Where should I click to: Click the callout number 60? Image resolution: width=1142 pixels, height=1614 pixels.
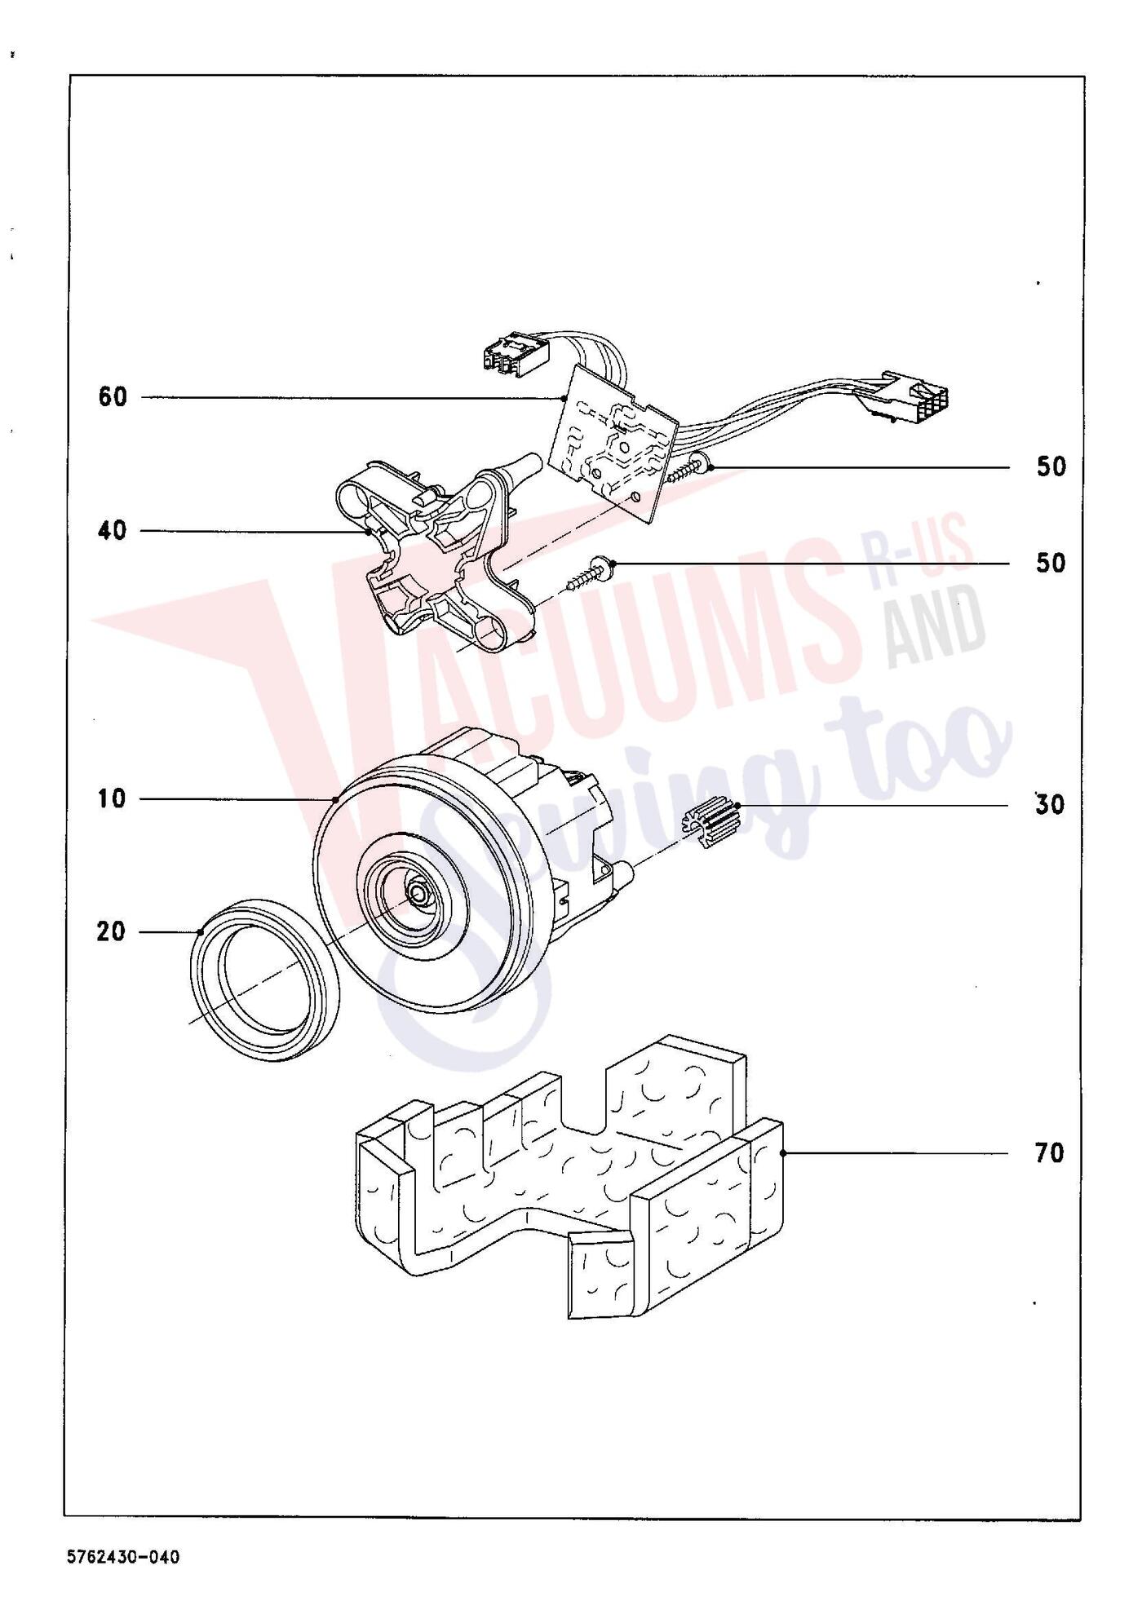coord(113,397)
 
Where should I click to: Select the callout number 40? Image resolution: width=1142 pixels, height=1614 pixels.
coord(113,531)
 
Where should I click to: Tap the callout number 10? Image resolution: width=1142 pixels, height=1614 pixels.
coord(113,798)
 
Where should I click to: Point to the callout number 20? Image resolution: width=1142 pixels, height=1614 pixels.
coord(112,931)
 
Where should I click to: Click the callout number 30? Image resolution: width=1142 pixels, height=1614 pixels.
coord(1050,805)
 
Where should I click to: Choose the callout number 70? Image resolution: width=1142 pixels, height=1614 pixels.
coord(1050,1153)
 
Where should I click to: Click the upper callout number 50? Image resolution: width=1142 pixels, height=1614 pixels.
coord(1051,467)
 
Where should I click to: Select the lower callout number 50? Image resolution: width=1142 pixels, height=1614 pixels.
coord(1051,563)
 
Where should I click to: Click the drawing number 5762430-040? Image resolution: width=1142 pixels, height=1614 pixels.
coord(123,1557)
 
